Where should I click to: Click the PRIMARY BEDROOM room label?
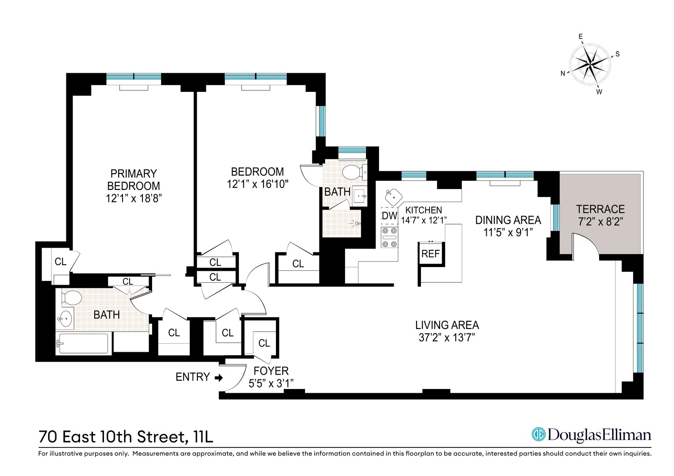coord(133,179)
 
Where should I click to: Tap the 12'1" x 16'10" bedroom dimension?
coord(257,184)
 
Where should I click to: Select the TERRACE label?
coord(600,209)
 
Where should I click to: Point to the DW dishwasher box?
coord(389,216)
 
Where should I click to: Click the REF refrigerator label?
coord(430,254)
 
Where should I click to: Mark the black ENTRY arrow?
coord(219,378)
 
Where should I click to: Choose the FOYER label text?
coord(271,371)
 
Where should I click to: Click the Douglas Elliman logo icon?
coord(539,435)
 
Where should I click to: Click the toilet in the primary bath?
coord(71,297)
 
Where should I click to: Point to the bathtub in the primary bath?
coord(82,343)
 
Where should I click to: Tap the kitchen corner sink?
coord(393,195)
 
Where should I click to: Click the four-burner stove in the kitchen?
coord(389,238)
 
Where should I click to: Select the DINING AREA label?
coord(508,220)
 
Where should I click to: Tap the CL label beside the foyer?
coord(264,343)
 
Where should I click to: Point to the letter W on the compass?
coord(599,92)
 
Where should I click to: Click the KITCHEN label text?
coord(423,210)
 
